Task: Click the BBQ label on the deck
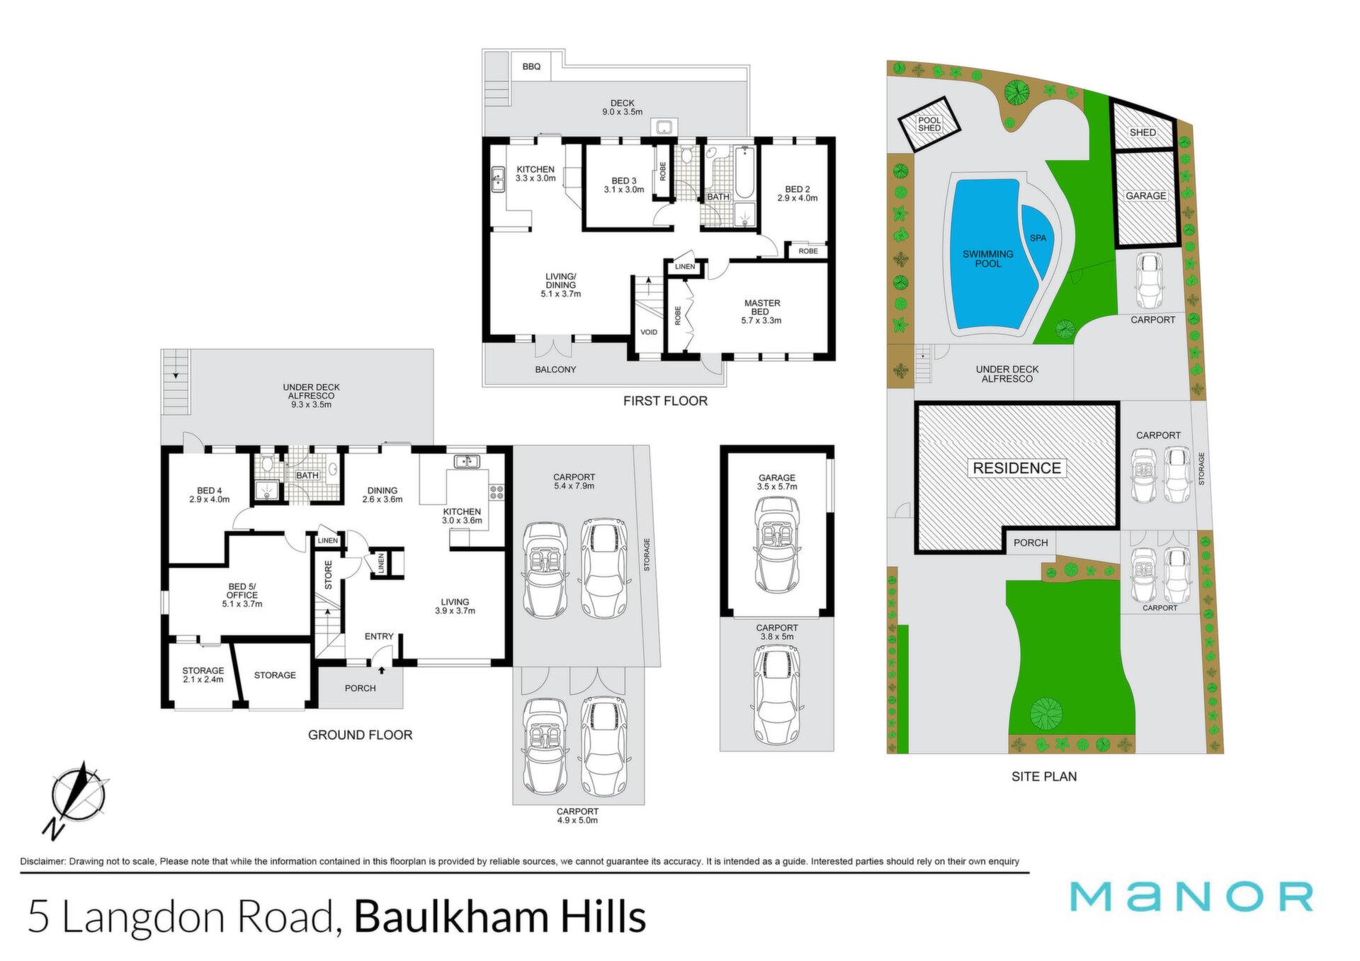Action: click(x=531, y=67)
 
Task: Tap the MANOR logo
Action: click(x=1191, y=897)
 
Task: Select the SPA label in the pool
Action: click(x=1038, y=238)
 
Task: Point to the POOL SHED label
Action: click(x=929, y=124)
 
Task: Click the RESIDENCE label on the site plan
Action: click(x=1016, y=468)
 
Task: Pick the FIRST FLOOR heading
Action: click(x=665, y=401)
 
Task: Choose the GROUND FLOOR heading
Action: click(x=360, y=735)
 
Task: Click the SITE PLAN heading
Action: click(x=1044, y=776)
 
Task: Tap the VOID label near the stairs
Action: click(x=649, y=332)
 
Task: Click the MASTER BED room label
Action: click(x=762, y=307)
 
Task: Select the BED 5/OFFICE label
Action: click(x=242, y=591)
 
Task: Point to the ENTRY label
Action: click(x=379, y=637)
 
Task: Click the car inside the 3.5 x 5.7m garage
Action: click(x=777, y=544)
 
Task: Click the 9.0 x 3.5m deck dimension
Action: click(x=623, y=112)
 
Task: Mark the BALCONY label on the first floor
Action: click(x=555, y=370)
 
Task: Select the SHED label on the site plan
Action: click(x=1143, y=132)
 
